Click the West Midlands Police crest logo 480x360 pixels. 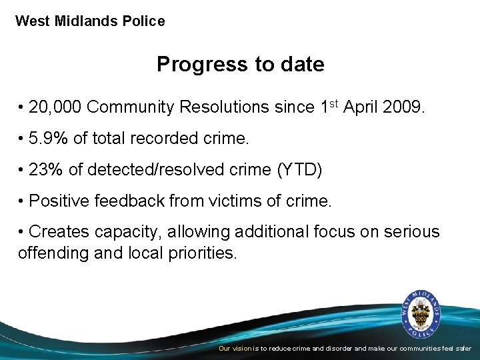pos(420,314)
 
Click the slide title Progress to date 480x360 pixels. pos(240,64)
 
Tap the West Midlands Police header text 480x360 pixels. pos(90,21)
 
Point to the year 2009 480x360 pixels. pos(402,107)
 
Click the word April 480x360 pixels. pos(361,107)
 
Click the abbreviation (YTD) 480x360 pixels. pos(299,170)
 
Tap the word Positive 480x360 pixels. pos(60,201)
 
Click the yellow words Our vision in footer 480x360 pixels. pos(235,349)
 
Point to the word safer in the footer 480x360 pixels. pos(463,349)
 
